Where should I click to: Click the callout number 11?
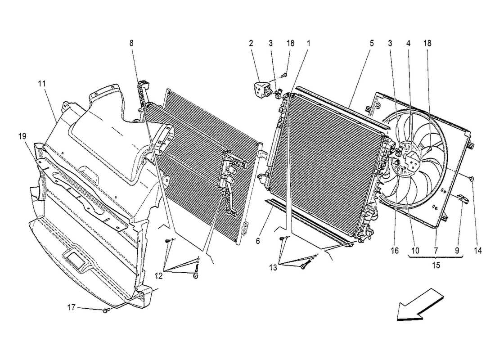(x=42, y=84)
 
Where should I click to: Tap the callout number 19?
(x=22, y=135)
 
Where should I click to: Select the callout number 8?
(x=131, y=44)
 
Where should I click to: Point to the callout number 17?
(x=71, y=308)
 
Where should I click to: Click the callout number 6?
(x=258, y=241)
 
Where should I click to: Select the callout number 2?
(x=251, y=44)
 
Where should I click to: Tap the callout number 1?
(x=309, y=44)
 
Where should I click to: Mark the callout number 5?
(x=372, y=44)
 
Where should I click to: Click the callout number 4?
(x=408, y=44)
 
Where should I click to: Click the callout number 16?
(x=395, y=250)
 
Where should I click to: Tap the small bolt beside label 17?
(x=105, y=310)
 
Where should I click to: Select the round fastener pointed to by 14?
(x=472, y=179)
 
